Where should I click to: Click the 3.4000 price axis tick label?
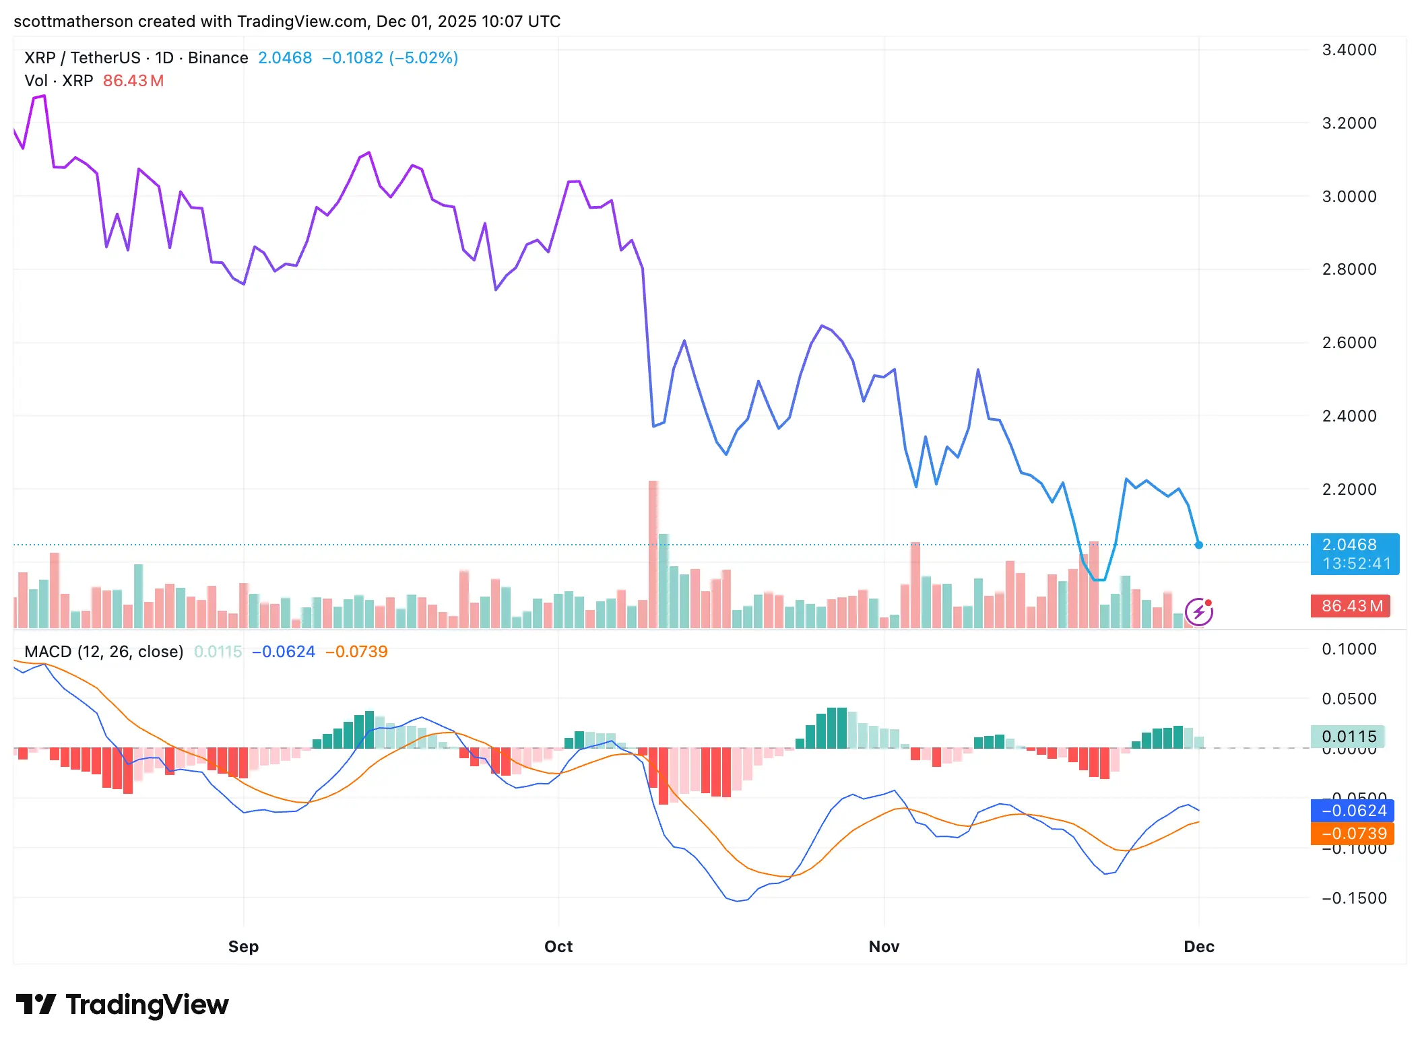click(1349, 50)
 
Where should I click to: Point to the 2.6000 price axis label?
click(1349, 343)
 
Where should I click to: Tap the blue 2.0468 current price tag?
click(1354, 553)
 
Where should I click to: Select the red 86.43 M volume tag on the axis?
click(1350, 606)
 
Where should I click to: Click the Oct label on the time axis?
click(558, 947)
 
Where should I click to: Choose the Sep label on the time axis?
click(243, 947)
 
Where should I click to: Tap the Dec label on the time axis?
click(1198, 947)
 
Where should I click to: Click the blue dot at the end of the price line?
click(1198, 545)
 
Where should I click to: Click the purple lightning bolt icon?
click(1198, 612)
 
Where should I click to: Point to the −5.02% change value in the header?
click(424, 58)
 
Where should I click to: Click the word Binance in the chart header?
click(218, 58)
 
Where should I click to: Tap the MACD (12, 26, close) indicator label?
click(104, 652)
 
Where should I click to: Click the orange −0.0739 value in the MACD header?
click(356, 652)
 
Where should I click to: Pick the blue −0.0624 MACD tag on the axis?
click(1352, 811)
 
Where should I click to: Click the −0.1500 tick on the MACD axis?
click(1353, 898)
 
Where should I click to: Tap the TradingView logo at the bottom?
click(123, 1005)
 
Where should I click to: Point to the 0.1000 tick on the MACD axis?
click(1349, 649)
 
